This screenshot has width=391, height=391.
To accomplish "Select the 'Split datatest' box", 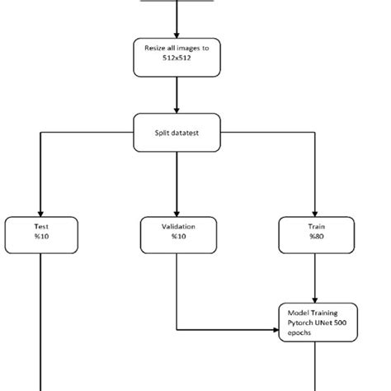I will click(x=177, y=132).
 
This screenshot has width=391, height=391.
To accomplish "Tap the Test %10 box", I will click(x=40, y=234).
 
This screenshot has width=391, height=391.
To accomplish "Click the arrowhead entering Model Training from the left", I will click(x=276, y=332).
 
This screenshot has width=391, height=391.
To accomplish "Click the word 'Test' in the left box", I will click(x=40, y=225).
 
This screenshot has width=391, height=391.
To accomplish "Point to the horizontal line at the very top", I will click(x=177, y=2).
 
